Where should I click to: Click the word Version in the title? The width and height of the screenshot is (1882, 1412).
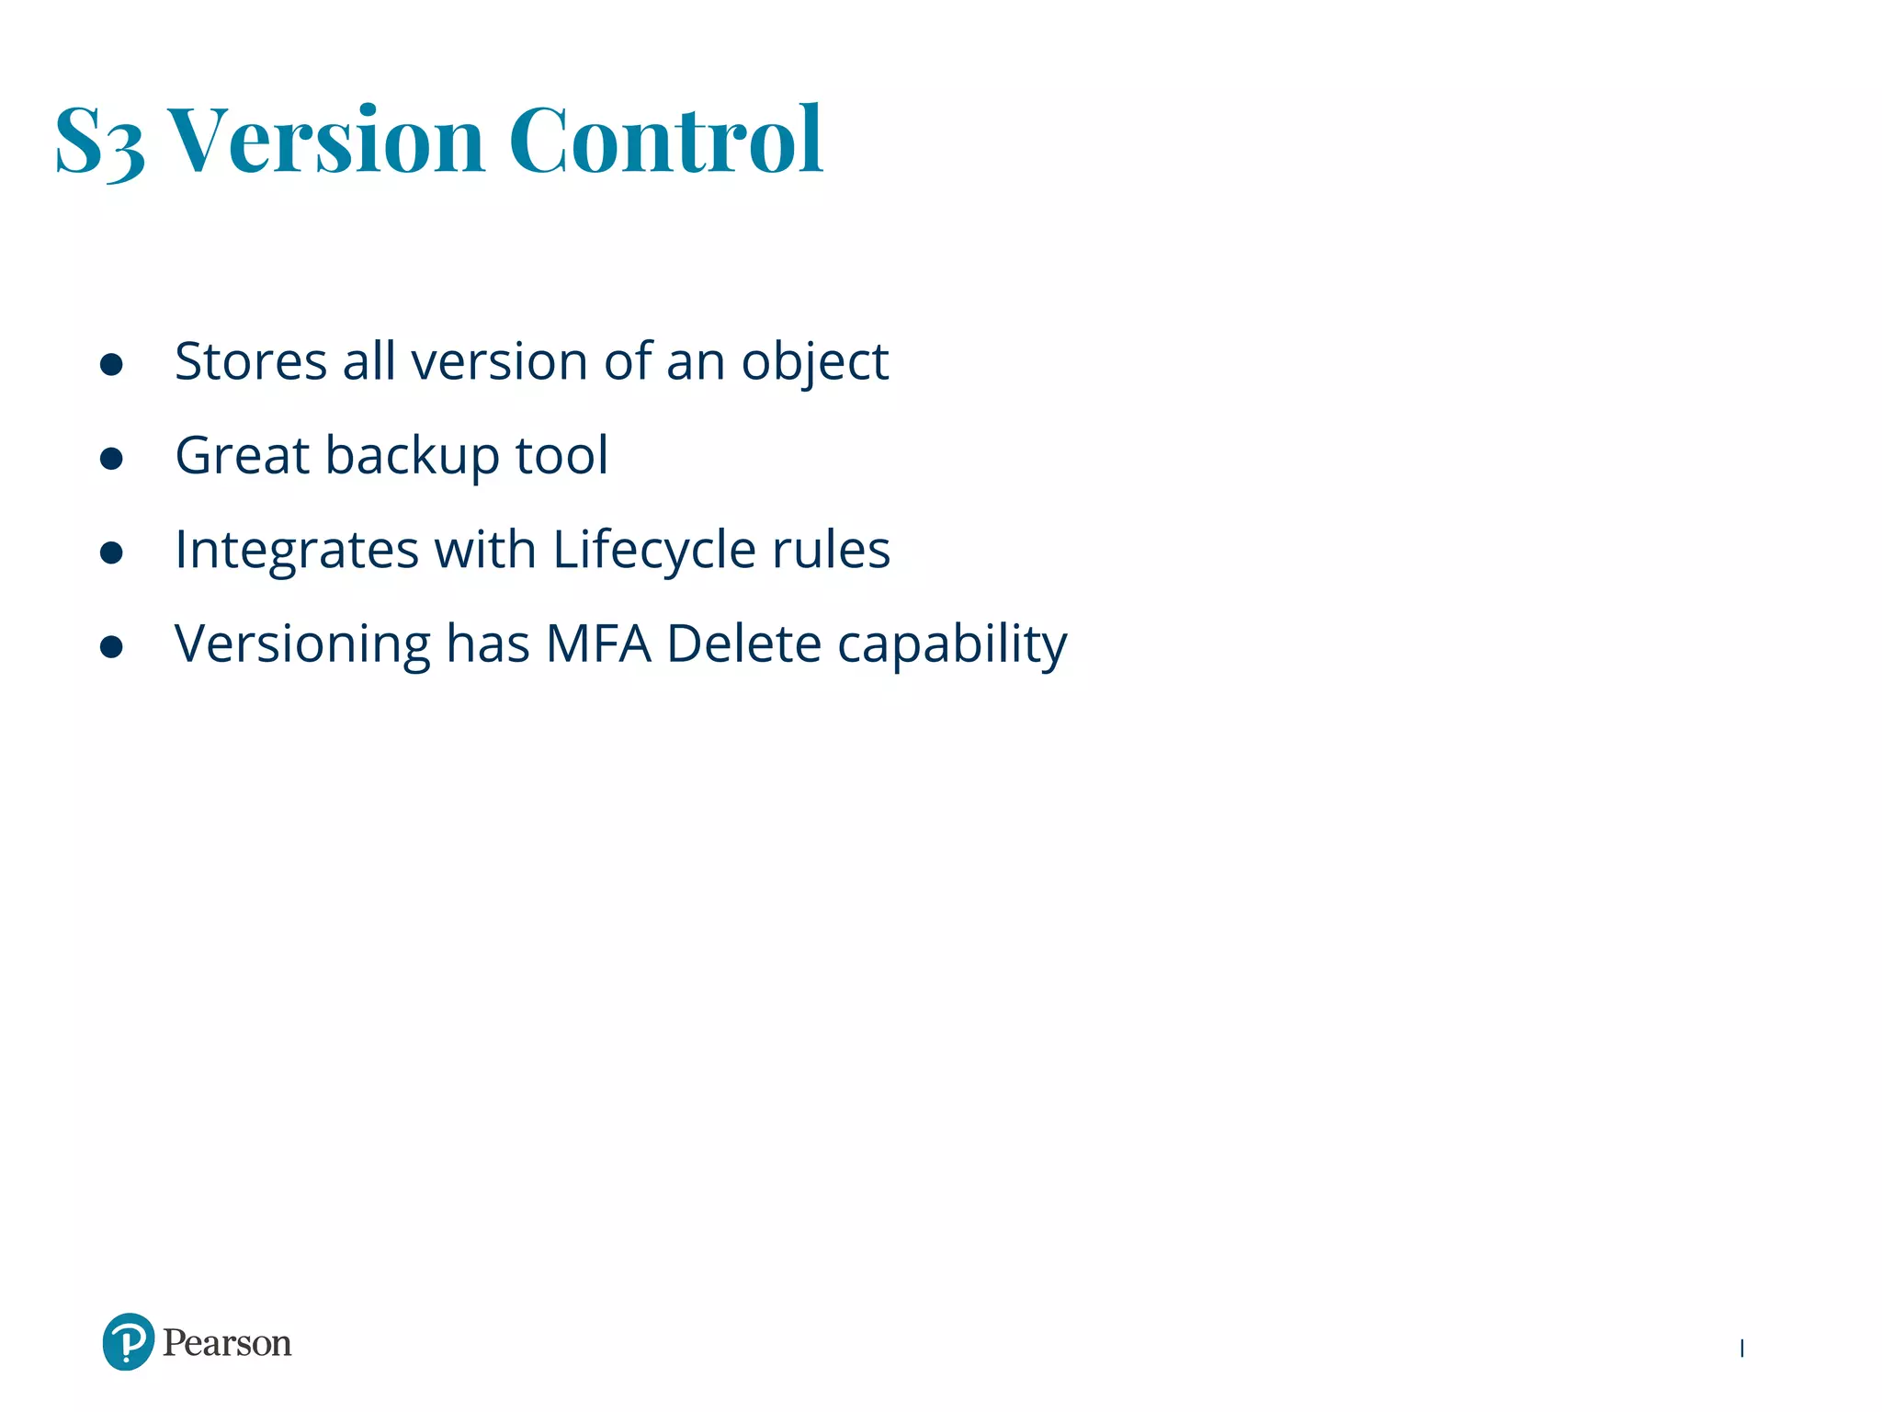pyautogui.click(x=326, y=140)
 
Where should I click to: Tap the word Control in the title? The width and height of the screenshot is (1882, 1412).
pyautogui.click(x=665, y=140)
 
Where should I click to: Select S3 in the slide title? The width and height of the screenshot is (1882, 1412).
pyautogui.click(x=99, y=142)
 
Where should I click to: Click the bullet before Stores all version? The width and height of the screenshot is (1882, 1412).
pyautogui.click(x=111, y=364)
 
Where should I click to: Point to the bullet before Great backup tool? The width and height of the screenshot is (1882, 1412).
pyautogui.click(x=111, y=458)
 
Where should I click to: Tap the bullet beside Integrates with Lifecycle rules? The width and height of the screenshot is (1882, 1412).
pyautogui.click(x=111, y=552)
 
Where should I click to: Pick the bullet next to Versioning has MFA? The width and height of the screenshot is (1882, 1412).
pyautogui.click(x=111, y=646)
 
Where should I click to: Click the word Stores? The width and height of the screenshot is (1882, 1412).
pyautogui.click(x=250, y=361)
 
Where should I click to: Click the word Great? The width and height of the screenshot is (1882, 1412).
pyautogui.click(x=242, y=455)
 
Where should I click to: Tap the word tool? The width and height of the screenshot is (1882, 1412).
pyautogui.click(x=561, y=455)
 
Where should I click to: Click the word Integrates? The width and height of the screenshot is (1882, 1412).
pyautogui.click(x=297, y=551)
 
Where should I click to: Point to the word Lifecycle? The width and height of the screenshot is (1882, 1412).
pyautogui.click(x=654, y=551)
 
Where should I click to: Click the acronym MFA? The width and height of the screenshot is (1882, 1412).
pyautogui.click(x=598, y=643)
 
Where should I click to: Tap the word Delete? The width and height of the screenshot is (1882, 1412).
pyautogui.click(x=743, y=643)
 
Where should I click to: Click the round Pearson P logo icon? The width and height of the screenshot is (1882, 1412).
pyautogui.click(x=128, y=1342)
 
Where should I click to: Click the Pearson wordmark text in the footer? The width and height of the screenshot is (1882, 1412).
pyautogui.click(x=227, y=1343)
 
